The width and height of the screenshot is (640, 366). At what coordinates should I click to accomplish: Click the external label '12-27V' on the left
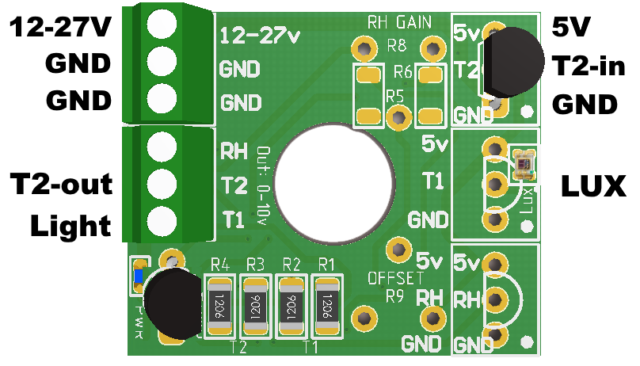(x=59, y=29)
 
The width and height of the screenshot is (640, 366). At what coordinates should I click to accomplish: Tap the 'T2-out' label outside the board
(x=60, y=185)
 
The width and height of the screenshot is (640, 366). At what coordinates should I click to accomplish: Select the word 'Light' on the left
(x=70, y=227)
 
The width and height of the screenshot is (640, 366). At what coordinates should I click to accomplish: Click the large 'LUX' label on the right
(x=593, y=187)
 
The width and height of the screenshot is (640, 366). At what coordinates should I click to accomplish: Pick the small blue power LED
(x=139, y=276)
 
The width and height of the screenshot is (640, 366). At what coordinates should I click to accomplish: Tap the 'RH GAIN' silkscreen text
(x=398, y=20)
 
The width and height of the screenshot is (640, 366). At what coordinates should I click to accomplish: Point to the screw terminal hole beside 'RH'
(x=161, y=147)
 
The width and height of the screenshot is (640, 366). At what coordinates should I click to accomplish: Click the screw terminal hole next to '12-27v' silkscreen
(x=161, y=24)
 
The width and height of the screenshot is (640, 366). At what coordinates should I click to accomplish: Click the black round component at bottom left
(x=173, y=305)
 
